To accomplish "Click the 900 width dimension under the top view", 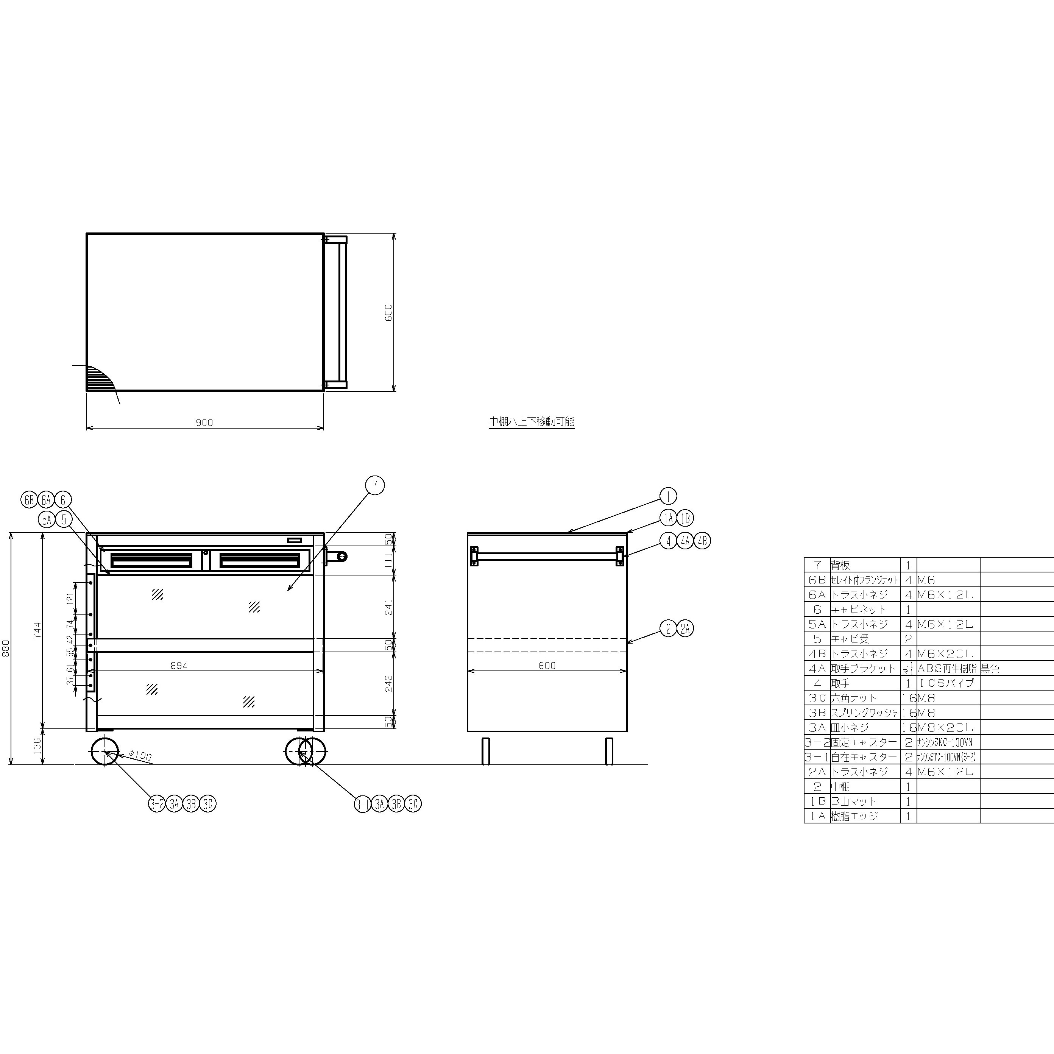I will pos(204,422).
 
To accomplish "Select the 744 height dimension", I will pos(37,630).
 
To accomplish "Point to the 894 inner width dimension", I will pos(179,666).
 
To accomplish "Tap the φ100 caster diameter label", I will pos(141,756).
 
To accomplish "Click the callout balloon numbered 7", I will pos(375,485).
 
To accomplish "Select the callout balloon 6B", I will pos(29,499).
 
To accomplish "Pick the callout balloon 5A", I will pos(47,519).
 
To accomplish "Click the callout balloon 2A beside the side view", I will pos(685,628).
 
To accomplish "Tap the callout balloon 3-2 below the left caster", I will pos(157,804).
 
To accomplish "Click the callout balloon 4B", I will pos(703,541).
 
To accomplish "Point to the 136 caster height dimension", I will pos(37,746).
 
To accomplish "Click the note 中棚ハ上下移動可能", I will pos(532,421).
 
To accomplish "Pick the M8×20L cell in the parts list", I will pos(948,727).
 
